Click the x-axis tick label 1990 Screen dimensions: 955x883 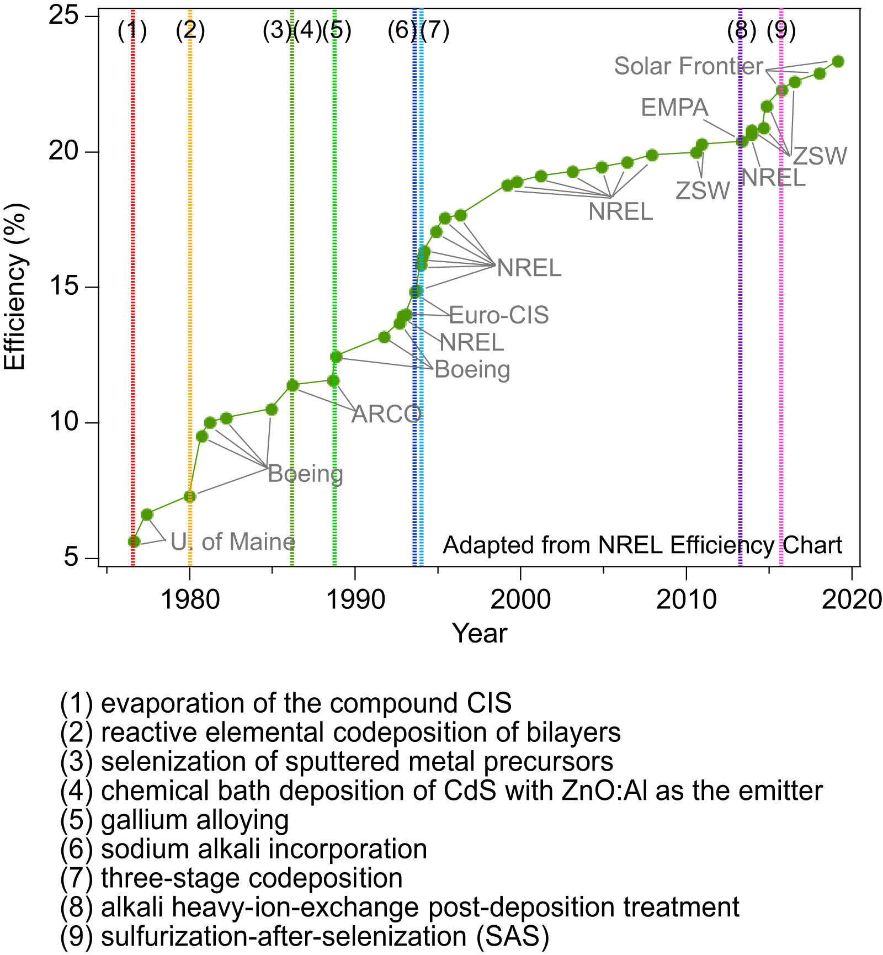tap(355, 599)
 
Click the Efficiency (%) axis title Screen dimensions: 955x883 tap(15, 286)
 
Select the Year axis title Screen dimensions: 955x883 tap(479, 633)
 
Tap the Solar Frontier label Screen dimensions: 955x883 tap(688, 66)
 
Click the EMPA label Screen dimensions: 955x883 tap(674, 108)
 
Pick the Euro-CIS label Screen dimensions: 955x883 tap(498, 315)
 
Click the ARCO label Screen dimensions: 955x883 tap(387, 414)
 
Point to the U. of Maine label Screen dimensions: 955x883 tap(232, 542)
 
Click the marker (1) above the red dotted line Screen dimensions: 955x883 tap(132, 31)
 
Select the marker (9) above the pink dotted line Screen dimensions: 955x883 tap(781, 31)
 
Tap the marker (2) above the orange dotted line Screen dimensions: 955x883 tap(190, 31)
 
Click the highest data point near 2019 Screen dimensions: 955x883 tap(838, 61)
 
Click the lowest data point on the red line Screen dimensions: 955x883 tap(134, 542)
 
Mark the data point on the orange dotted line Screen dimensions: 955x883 tap(190, 496)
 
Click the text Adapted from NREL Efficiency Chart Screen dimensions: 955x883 tap(642, 545)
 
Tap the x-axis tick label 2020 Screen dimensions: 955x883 tap(852, 599)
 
